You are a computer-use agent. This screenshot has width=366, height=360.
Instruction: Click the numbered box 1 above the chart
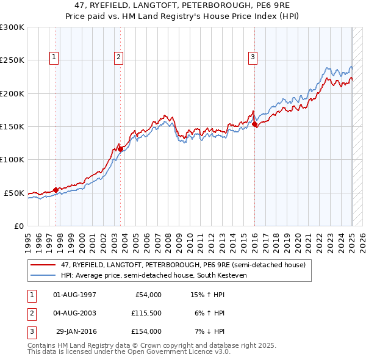pos(54,58)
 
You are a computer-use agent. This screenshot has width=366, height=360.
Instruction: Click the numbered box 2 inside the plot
pos(118,58)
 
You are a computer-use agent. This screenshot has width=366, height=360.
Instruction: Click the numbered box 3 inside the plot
pos(253,58)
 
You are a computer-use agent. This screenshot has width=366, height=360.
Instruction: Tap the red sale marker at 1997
pos(56,190)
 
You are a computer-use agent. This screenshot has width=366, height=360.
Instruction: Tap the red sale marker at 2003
pos(120,148)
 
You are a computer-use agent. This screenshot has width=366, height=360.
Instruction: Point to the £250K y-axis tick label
pos(12,60)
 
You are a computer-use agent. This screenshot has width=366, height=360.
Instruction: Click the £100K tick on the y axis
pos(12,160)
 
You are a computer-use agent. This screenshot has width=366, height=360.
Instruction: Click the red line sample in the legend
pos(43,265)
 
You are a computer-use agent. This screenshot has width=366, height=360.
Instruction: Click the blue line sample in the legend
pos(43,275)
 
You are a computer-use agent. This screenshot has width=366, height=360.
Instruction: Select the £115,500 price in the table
pos(146,313)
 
